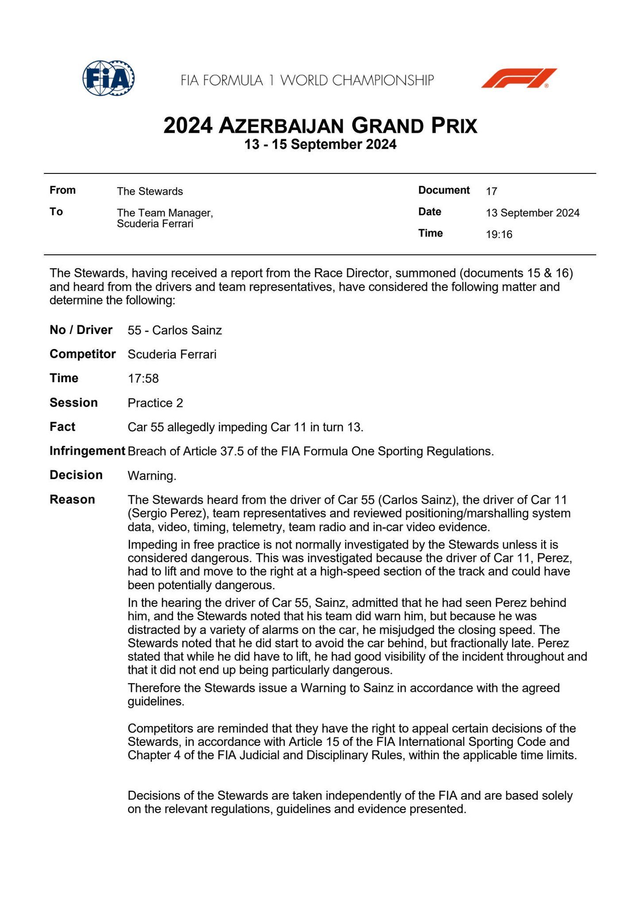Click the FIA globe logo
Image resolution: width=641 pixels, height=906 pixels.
coord(108,79)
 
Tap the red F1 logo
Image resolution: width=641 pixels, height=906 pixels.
coord(519,78)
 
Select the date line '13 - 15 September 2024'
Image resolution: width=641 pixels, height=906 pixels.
coord(320,145)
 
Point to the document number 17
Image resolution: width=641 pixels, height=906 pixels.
coord(491,192)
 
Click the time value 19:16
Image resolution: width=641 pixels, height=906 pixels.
coord(499,234)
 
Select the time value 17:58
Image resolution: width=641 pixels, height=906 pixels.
coord(143,379)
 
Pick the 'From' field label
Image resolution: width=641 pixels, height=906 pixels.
coord(62,190)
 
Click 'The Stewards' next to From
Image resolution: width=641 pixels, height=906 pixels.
coord(150,192)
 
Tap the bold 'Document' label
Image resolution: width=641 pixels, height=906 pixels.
coord(444,190)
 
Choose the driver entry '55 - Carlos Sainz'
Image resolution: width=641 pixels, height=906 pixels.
coord(174,330)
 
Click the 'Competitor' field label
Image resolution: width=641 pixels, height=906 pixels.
coord(83,354)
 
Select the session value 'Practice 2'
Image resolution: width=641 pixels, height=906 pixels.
coord(155,403)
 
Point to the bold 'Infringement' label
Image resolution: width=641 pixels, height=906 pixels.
coord(87,451)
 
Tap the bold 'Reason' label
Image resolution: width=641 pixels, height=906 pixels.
coord(72,500)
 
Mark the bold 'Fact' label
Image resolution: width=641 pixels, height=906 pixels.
coord(62,427)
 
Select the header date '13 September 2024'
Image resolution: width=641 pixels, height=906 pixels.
coord(533,213)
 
